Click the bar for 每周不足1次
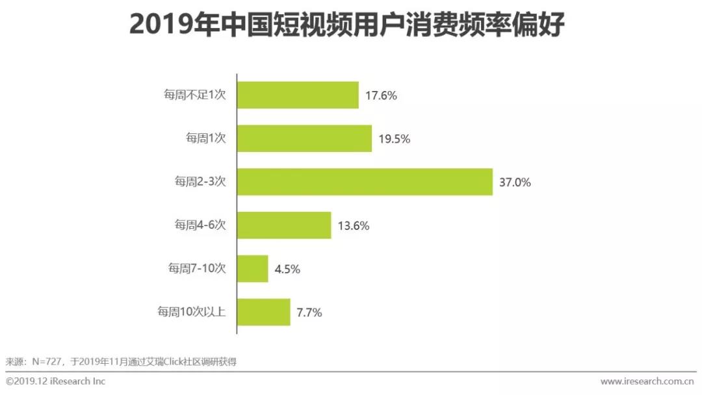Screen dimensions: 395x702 pos(298,95)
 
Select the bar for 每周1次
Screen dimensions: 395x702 pos(304,138)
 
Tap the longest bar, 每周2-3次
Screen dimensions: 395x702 pos(365,182)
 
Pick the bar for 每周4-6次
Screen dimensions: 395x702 pos(284,225)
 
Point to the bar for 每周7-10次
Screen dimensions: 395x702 pos(253,268)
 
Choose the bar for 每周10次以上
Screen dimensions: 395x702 pos(263,312)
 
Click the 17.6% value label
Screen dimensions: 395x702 pos(381,96)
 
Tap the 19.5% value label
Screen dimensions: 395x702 pos(394,139)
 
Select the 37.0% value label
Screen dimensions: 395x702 pos(515,183)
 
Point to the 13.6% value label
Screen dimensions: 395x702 pos(354,226)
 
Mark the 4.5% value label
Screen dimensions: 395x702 pos(287,269)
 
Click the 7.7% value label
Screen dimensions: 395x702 pos(309,312)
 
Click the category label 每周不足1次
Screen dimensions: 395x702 pos(194,96)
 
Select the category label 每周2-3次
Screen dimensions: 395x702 pos(200,183)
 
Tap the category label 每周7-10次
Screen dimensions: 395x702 pos(197,269)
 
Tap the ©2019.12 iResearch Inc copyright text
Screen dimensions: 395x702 pos(56,381)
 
